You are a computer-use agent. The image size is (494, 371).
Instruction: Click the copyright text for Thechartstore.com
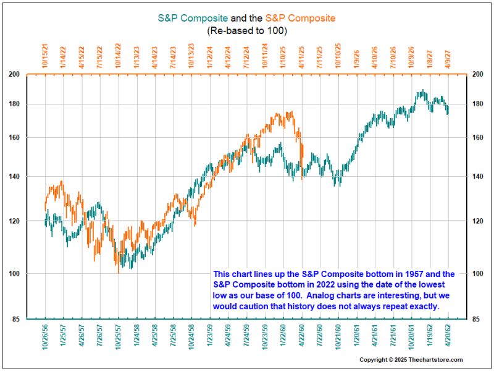tap(411, 360)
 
